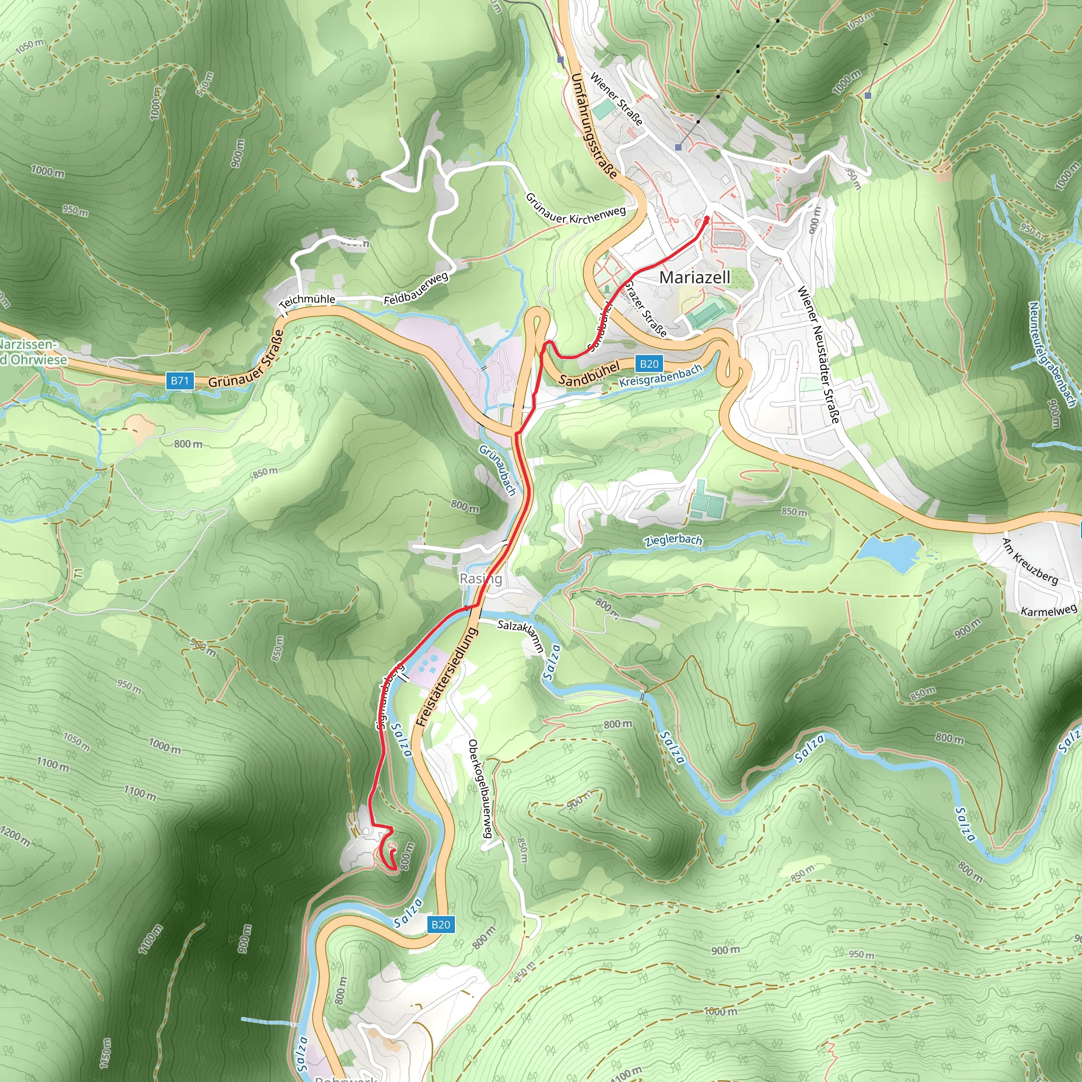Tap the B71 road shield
(x=180, y=381)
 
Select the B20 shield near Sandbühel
(x=649, y=364)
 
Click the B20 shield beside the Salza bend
(x=441, y=925)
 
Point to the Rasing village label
(x=481, y=579)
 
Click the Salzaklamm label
(x=521, y=636)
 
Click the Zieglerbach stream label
(x=673, y=540)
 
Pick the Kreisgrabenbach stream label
(x=661, y=376)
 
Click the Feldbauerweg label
(x=416, y=289)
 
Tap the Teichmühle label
(x=307, y=301)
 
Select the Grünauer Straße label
(x=246, y=359)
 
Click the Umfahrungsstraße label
(x=595, y=126)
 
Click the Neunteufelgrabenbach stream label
(x=1052, y=354)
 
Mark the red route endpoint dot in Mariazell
(x=707, y=219)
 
